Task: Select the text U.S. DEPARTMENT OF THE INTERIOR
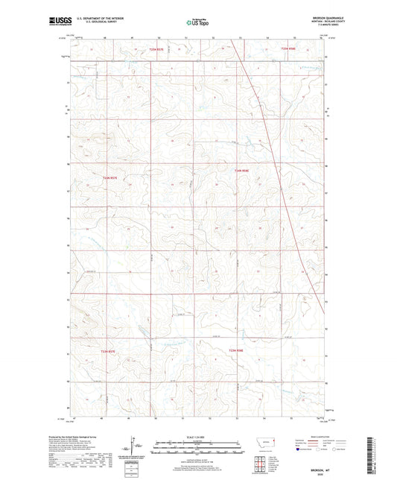pos(117,20)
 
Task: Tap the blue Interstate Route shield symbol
pos(298,450)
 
